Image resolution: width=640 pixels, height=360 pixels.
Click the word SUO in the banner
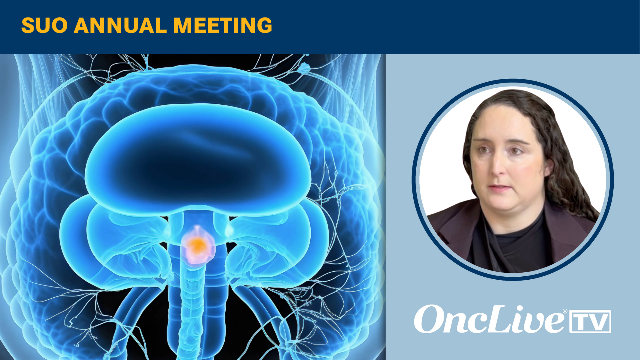[x=44, y=25]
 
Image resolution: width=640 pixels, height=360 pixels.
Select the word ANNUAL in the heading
[x=120, y=25]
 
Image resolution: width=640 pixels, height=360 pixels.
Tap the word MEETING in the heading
[x=223, y=25]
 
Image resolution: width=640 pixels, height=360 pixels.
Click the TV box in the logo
[x=590, y=321]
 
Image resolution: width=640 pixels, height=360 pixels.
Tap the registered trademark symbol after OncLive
[x=565, y=311]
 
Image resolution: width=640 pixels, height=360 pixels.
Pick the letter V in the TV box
[x=599, y=322]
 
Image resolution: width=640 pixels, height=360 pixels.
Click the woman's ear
[x=548, y=167]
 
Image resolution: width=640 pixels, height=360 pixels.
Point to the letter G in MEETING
[x=264, y=25]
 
